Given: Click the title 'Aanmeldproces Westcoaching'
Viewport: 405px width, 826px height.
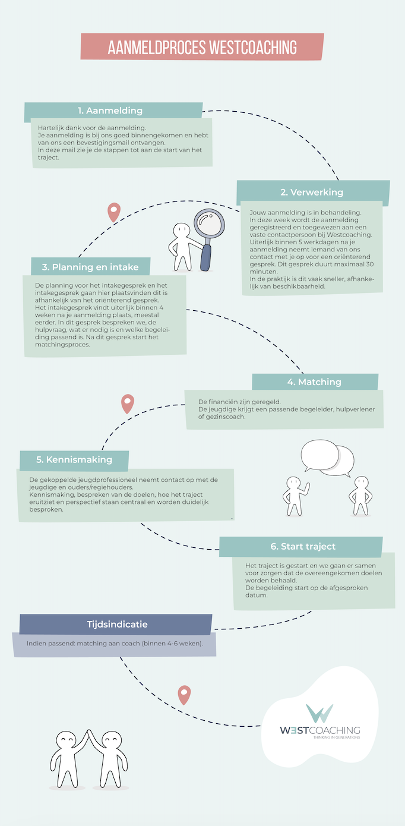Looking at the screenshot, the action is [x=202, y=48].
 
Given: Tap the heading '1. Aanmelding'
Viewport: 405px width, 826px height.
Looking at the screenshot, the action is [x=110, y=111].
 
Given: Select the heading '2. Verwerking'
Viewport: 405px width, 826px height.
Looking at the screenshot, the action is [x=312, y=192].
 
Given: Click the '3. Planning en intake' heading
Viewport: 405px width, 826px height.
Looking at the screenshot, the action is [x=90, y=267].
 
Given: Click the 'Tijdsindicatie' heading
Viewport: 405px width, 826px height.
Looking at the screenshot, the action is [x=117, y=625].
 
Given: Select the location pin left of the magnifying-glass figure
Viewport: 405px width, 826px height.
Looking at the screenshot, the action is [x=114, y=212].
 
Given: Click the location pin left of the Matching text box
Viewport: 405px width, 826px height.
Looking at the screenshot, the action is [x=128, y=403].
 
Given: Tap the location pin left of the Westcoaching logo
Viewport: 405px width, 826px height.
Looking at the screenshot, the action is [x=184, y=695].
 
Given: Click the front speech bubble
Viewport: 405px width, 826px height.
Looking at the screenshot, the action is [x=319, y=455].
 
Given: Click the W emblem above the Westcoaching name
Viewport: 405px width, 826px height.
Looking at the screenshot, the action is [x=319, y=713].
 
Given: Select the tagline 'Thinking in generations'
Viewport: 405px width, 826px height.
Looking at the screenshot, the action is [x=337, y=737].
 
